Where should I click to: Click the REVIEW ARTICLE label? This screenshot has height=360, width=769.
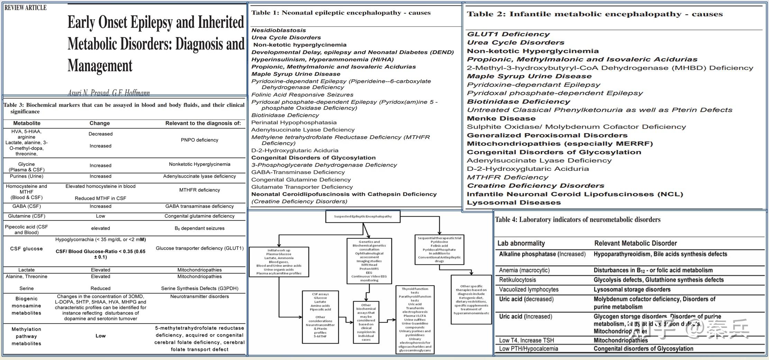(25, 8)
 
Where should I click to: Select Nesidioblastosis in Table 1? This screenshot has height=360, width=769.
(278, 30)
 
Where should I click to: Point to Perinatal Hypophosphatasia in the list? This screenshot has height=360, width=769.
(294, 122)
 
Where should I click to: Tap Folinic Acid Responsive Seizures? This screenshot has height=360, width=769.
(302, 95)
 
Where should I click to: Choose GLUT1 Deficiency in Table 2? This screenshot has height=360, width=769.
(508, 34)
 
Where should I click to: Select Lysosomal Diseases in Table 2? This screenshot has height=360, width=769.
(514, 203)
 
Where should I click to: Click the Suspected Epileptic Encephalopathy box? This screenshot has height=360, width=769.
(363, 216)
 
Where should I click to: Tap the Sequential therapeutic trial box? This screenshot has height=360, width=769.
(439, 249)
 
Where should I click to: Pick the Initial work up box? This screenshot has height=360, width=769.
(278, 262)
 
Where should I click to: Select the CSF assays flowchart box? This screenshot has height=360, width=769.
(320, 317)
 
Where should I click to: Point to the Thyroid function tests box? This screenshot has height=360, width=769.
(415, 319)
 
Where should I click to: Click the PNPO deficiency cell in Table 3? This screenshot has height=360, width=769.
(199, 140)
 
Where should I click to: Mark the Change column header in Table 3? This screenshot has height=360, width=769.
(100, 123)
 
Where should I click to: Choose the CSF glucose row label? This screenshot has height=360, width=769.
(26, 249)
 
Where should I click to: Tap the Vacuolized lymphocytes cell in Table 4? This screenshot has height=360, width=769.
(529, 289)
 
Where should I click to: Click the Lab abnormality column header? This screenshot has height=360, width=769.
(521, 243)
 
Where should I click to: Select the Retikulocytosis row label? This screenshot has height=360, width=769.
(517, 280)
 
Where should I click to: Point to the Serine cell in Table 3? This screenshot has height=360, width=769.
(26, 288)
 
